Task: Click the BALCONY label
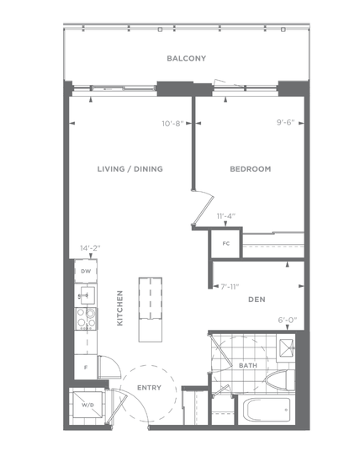187,58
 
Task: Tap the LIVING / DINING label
130,169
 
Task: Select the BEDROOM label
251,169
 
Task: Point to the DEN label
257,300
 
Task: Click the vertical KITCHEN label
119,308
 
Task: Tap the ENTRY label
149,388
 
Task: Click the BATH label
248,365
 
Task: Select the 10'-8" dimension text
172,124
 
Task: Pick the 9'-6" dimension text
285,123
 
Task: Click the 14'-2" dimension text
90,248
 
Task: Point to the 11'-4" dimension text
226,216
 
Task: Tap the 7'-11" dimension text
230,287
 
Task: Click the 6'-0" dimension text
288,321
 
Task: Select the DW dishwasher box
86,271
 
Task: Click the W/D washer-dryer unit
87,405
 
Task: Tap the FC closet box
226,244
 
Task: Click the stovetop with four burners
86,319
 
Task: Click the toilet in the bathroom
280,380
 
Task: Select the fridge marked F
86,367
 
